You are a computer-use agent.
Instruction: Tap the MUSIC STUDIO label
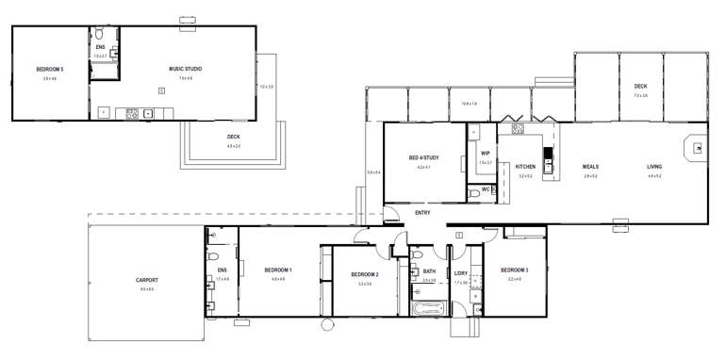[x=185, y=69]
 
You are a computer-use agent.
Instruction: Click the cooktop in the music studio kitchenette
[x=132, y=113]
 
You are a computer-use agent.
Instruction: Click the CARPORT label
[x=146, y=280]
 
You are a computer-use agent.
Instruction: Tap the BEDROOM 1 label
[x=278, y=270]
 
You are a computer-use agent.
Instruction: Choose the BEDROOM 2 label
[x=364, y=274]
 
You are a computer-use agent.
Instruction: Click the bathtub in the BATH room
[x=429, y=308]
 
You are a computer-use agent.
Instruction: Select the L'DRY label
[x=461, y=273]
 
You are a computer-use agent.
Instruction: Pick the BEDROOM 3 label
[x=514, y=270]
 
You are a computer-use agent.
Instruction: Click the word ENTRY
[x=423, y=212]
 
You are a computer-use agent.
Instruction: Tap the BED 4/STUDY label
[x=424, y=157]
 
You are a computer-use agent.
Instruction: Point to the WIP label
[x=485, y=153]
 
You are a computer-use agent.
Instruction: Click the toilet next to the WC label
[x=473, y=193]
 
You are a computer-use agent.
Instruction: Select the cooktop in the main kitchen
[x=518, y=129]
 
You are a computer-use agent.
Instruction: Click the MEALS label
[x=590, y=167]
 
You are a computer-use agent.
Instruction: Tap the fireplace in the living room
[x=697, y=148]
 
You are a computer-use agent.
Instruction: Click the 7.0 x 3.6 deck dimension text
[x=640, y=95]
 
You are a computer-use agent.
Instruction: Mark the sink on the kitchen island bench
[x=547, y=153]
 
